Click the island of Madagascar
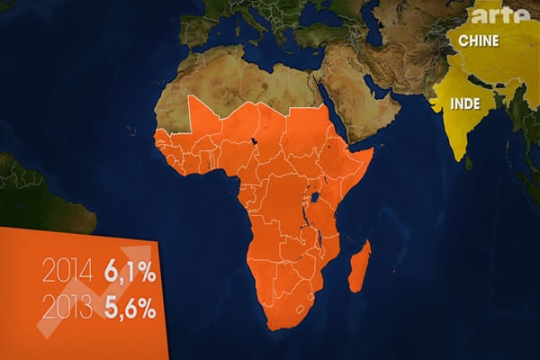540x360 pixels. coord(358,266)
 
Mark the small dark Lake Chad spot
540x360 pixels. coord(255,141)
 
